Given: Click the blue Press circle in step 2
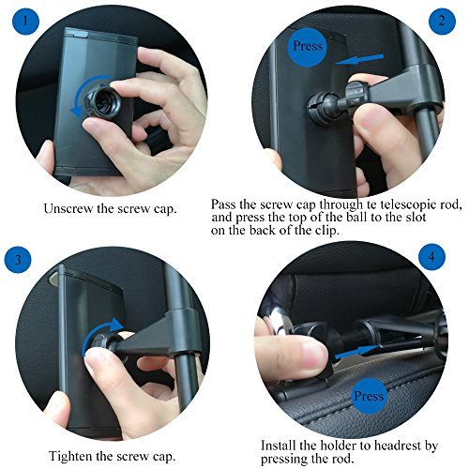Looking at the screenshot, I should pyautogui.click(x=310, y=45).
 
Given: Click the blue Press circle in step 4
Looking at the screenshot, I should pyautogui.click(x=371, y=395).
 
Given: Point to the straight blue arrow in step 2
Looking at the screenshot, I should pyautogui.click(x=365, y=61).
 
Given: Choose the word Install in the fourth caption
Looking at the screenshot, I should pyautogui.click(x=281, y=444).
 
